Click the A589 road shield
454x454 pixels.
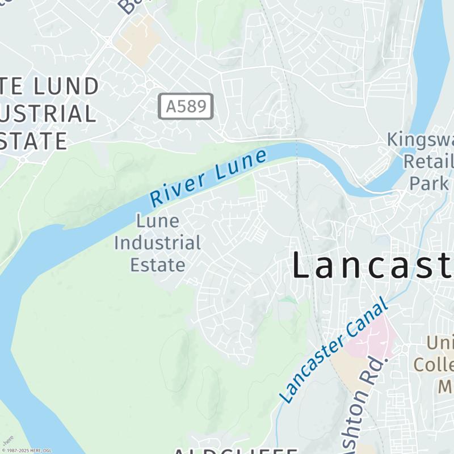coord(185,106)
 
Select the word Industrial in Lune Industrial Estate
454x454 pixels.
coord(157,243)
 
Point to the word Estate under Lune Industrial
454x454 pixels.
coord(157,264)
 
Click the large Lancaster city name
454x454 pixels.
coord(372,265)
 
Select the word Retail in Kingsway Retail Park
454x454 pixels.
coord(428,161)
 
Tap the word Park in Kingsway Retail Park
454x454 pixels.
coord(429,183)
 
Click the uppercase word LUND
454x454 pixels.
coord(67,87)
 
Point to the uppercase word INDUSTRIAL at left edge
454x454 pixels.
coord(48,113)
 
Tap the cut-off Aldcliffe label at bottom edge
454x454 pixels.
coord(235,451)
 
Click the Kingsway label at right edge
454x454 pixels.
coord(420,140)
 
